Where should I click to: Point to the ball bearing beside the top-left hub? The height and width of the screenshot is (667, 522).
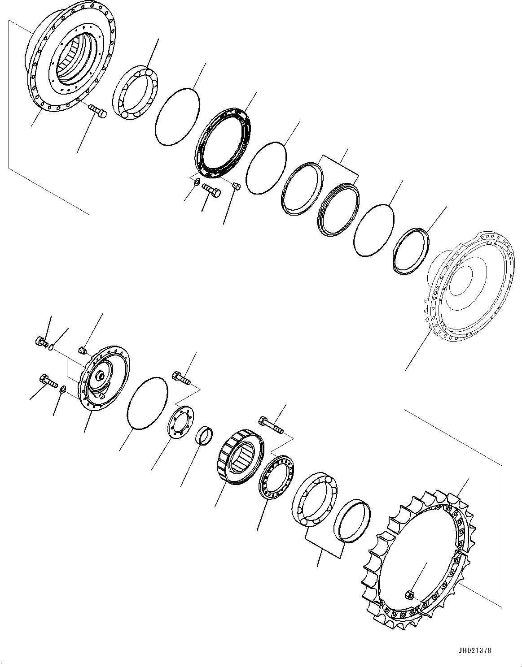[x=135, y=92]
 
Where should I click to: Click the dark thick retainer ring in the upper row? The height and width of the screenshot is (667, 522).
[x=223, y=143]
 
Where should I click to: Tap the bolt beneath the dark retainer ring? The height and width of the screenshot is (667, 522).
[x=211, y=189]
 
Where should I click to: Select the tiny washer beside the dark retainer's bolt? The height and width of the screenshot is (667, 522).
[x=196, y=183]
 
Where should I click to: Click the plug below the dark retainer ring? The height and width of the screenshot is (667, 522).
[x=236, y=186]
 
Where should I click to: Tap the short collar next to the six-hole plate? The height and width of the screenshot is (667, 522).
[x=204, y=436]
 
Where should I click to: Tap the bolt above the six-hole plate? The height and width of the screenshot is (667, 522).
[x=182, y=377]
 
